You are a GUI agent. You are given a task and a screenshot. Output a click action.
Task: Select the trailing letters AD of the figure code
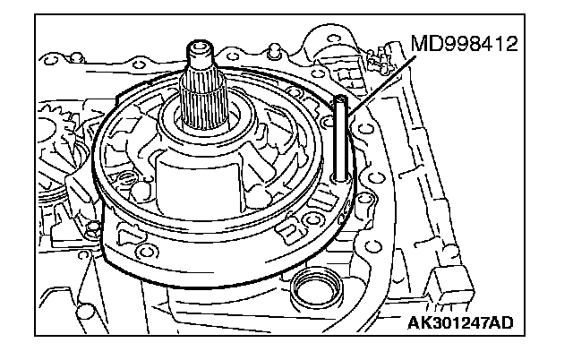click(511, 321)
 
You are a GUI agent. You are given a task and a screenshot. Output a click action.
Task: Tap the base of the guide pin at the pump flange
click(341, 180)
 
